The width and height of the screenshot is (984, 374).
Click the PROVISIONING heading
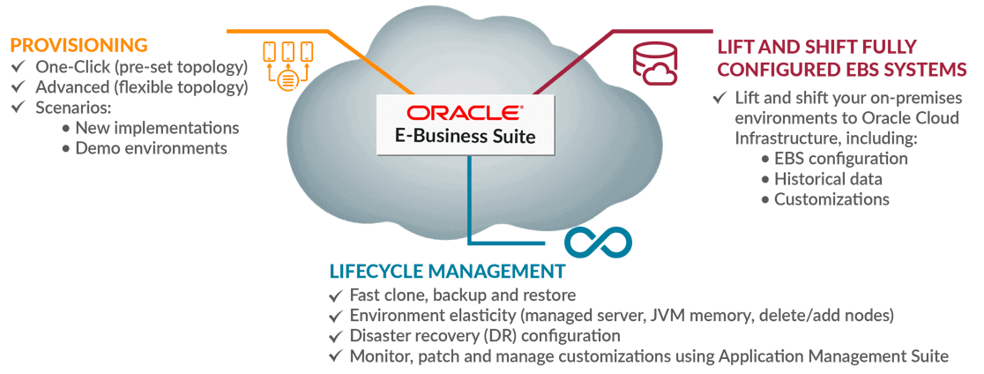(78, 45)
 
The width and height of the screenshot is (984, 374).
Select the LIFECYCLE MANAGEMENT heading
(446, 270)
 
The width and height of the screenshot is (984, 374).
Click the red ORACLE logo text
(465, 114)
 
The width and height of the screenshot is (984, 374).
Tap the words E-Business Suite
(466, 138)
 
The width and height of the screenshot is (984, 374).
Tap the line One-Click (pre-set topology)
(141, 67)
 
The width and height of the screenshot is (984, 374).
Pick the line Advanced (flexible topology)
(141, 87)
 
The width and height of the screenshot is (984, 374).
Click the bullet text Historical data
(828, 179)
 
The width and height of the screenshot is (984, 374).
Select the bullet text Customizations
(831, 199)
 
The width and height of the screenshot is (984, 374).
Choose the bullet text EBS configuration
(840, 159)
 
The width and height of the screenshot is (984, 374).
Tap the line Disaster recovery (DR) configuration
(485, 336)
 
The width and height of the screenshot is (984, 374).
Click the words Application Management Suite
(833, 356)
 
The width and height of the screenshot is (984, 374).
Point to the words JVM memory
(675, 316)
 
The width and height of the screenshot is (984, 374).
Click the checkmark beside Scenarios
(19, 108)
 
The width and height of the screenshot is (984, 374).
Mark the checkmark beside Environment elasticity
(334, 316)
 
